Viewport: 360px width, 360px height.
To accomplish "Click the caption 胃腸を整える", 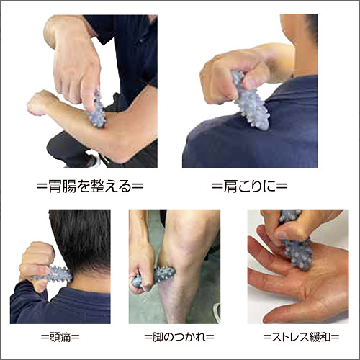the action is click(x=90, y=186).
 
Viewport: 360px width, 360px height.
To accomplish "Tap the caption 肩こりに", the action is click(x=250, y=186).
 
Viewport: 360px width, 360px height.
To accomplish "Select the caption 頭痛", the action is click(x=60, y=337).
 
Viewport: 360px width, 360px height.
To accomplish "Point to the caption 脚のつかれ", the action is click(x=179, y=337).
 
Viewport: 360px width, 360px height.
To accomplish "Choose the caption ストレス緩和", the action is click(x=302, y=337).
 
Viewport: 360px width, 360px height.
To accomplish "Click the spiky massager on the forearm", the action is click(x=97, y=109).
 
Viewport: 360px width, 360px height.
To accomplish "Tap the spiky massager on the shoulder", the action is click(x=250, y=101).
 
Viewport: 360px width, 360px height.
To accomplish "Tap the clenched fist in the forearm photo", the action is click(x=38, y=104).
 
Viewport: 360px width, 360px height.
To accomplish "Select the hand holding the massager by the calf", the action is click(x=141, y=269).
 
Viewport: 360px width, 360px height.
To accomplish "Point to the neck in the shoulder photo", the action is click(x=304, y=48).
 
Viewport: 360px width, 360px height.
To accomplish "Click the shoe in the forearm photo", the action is click(x=92, y=161).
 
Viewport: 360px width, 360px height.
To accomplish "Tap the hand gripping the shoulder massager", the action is click(x=230, y=79).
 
